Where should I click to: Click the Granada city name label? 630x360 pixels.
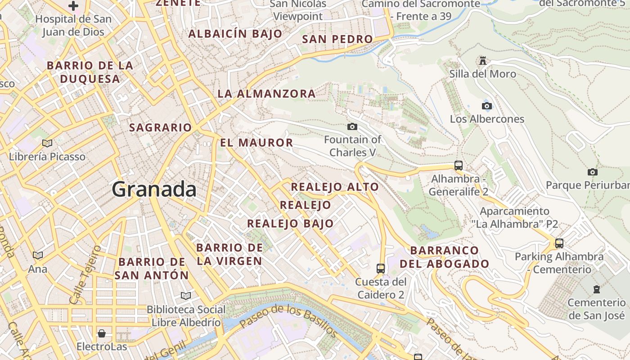tap(154, 189)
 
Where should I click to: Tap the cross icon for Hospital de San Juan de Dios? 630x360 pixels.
tap(73, 6)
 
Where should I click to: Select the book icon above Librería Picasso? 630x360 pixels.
tap(47, 143)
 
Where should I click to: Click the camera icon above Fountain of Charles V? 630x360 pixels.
tap(352, 126)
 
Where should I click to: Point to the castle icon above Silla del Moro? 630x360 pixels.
tap(483, 60)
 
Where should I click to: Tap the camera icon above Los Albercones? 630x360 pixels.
tap(486, 106)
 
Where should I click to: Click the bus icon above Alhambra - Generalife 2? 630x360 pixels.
tap(458, 165)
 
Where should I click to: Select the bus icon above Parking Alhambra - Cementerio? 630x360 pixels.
tap(559, 243)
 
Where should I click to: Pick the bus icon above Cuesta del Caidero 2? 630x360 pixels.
tap(381, 269)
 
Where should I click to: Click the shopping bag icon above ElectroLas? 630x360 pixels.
tap(102, 333)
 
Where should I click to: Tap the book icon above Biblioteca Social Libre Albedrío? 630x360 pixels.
tap(185, 296)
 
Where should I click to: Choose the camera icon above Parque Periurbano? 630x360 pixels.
tap(592, 172)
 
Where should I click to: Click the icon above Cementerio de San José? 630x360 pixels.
tap(597, 289)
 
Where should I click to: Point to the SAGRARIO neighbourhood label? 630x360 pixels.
tap(161, 127)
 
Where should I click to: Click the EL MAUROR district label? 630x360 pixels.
tap(256, 143)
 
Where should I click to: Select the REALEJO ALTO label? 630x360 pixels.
tap(335, 187)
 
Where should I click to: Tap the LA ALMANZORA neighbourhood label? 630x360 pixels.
tap(266, 94)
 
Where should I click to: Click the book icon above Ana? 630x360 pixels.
tap(38, 255)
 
